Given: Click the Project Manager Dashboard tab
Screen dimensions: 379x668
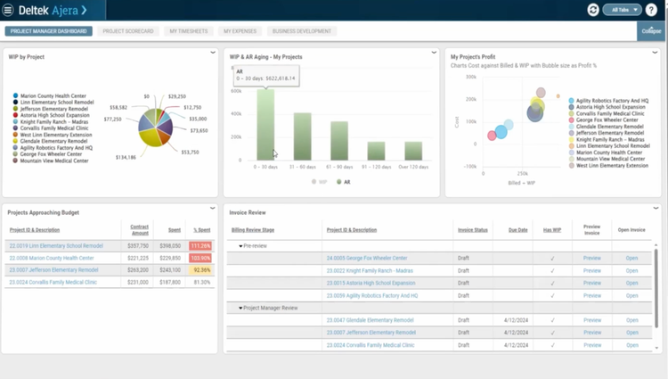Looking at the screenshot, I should [48, 31].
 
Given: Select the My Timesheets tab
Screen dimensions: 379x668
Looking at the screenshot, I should [188, 31].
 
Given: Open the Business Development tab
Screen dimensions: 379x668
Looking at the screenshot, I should [301, 31].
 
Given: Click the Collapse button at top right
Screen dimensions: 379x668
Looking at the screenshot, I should [650, 32].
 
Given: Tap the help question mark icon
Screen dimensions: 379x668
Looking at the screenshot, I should [652, 10].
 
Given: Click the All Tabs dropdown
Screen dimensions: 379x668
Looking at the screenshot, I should [622, 10].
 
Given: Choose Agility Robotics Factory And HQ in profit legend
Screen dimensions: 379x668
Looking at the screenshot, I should [611, 101].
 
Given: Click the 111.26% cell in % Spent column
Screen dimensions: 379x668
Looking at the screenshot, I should [200, 245].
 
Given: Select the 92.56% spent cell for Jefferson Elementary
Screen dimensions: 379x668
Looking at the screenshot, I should [200, 269].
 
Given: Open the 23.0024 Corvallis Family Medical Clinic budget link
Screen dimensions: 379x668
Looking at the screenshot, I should [53, 282].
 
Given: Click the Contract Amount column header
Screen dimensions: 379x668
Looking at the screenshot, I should [139, 229].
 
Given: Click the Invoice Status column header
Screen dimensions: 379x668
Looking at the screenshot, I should [473, 229].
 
